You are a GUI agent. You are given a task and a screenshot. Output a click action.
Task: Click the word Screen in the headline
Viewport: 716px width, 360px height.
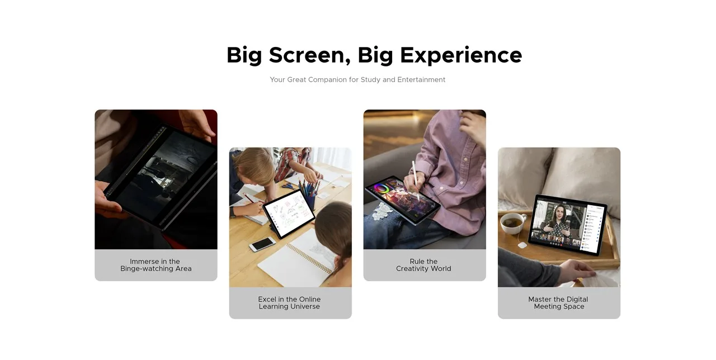tap(309, 55)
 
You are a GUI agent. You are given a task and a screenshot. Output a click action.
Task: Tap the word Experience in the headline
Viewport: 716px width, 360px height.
tap(461, 55)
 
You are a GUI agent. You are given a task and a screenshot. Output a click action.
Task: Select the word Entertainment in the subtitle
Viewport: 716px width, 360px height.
tap(421, 79)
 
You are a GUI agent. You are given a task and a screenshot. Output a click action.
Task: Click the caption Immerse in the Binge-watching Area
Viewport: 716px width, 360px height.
tap(156, 265)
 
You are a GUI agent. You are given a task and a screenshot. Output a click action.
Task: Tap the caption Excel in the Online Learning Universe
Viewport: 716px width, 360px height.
tap(290, 303)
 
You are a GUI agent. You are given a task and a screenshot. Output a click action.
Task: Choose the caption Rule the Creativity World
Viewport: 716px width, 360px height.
tap(424, 265)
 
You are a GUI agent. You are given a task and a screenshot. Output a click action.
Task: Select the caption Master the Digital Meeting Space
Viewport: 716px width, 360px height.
tap(558, 303)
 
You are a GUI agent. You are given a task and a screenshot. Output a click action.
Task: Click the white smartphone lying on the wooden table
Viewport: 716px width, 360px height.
tap(262, 244)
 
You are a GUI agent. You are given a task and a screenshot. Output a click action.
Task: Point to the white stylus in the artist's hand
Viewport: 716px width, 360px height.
tap(416, 181)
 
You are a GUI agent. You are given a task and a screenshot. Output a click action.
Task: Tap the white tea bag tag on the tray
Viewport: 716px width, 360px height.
tap(522, 245)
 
